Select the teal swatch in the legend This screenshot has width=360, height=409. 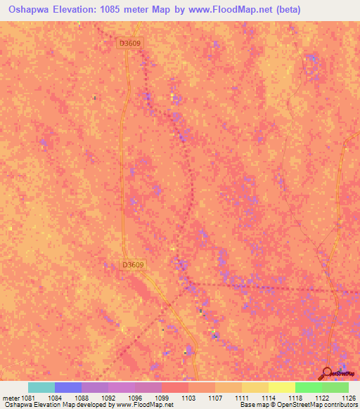tap(41, 387)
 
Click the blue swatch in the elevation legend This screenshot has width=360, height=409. tap(68, 387)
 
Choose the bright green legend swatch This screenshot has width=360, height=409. tap(309, 387)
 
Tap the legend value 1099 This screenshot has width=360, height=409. tap(161, 397)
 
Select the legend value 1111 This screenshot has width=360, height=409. tap(241, 397)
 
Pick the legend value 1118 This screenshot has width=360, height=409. tap(295, 397)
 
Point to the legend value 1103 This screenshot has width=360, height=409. tap(188, 397)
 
